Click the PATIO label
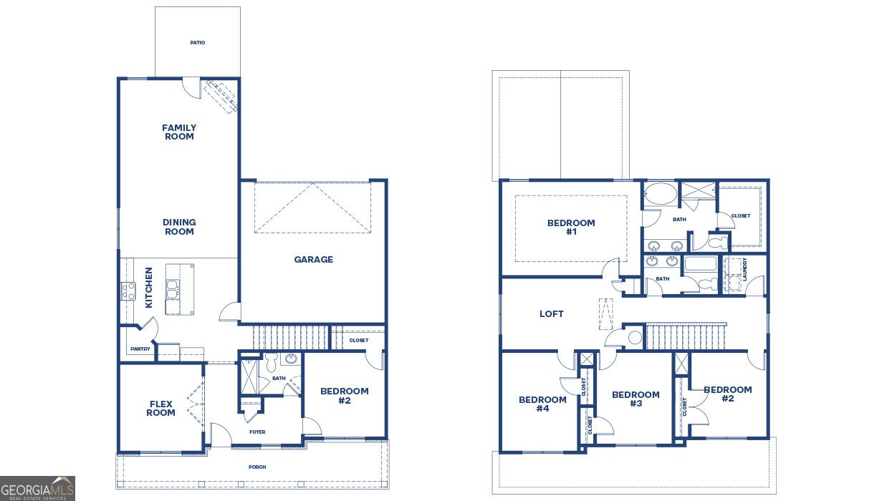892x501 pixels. click(198, 42)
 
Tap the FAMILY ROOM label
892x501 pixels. click(179, 132)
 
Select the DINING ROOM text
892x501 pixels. click(179, 227)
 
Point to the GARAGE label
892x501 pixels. click(313, 260)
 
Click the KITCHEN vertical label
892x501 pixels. click(148, 287)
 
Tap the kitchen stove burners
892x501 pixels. click(128, 291)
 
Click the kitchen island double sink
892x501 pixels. click(173, 289)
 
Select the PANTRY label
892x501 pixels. click(140, 349)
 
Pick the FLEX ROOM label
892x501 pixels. click(160, 408)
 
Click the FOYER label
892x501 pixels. click(257, 432)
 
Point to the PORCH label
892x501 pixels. click(257, 467)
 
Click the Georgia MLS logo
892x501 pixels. click(37, 488)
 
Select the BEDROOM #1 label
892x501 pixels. click(571, 227)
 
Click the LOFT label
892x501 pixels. click(552, 314)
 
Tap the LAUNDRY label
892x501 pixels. click(744, 269)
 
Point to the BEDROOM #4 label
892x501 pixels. click(542, 404)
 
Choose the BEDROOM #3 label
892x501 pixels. click(636, 399)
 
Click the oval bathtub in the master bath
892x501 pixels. click(661, 194)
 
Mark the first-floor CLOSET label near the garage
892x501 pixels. click(359, 340)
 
